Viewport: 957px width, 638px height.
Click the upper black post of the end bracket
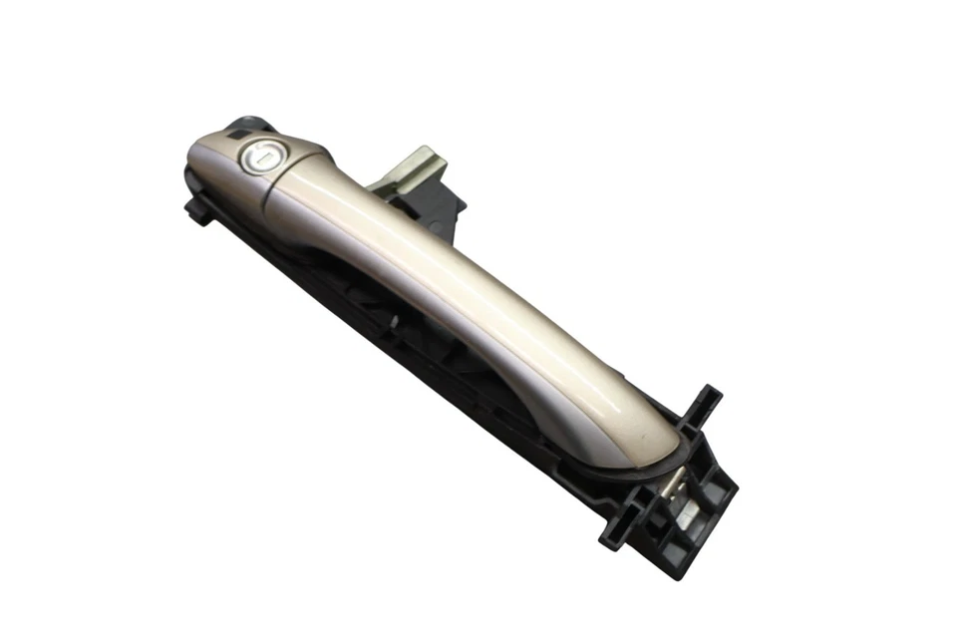tap(705, 404)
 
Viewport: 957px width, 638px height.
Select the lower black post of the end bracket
tap(617, 533)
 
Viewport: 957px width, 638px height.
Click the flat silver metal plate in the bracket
tap(688, 514)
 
